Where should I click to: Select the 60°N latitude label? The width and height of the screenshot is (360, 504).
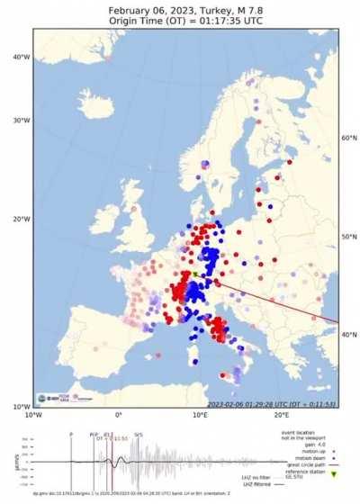pos(350,138)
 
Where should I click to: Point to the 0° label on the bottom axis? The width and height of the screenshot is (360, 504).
pos(119,416)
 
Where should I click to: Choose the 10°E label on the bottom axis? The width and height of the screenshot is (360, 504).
pos(199,416)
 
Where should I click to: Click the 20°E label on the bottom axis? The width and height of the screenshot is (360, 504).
pos(280,416)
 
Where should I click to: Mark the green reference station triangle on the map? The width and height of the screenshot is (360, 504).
pos(195,275)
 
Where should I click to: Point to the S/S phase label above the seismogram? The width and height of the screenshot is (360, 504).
pos(138,434)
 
